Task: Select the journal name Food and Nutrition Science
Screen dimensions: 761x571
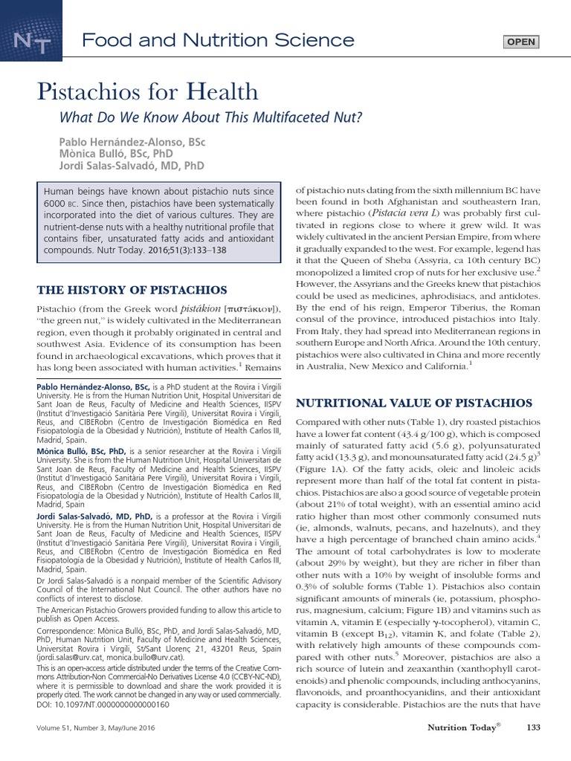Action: (x=217, y=40)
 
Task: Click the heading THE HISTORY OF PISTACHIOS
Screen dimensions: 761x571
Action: (x=132, y=289)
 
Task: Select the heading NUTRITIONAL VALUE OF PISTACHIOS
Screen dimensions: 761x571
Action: (x=414, y=403)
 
